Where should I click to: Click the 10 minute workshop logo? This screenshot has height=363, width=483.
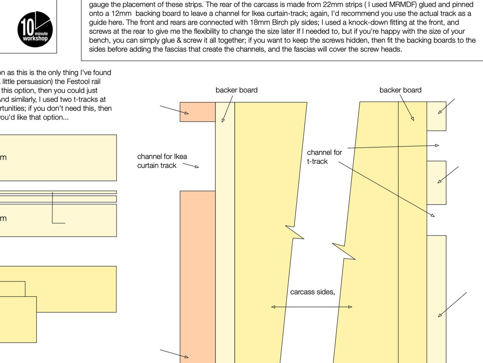pos(35,29)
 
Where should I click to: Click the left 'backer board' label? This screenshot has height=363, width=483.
pos(236,90)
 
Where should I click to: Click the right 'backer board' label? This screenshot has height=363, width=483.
pos(400,90)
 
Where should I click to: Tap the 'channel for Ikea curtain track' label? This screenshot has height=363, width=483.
pos(162,161)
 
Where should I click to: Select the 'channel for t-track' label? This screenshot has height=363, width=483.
pos(324,157)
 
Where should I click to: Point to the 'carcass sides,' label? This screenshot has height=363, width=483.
pos(312,292)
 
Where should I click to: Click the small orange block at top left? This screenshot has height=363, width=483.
pos(197,112)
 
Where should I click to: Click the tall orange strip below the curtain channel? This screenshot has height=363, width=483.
pos(198,276)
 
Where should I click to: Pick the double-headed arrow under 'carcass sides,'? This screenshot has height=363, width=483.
pos(311,307)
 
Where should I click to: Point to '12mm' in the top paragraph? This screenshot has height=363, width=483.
pos(121,14)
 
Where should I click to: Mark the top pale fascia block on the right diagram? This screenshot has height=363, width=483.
pos(436,116)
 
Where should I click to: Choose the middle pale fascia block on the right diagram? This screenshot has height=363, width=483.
pos(436,183)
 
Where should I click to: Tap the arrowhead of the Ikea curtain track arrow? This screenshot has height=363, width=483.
pos(197,167)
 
